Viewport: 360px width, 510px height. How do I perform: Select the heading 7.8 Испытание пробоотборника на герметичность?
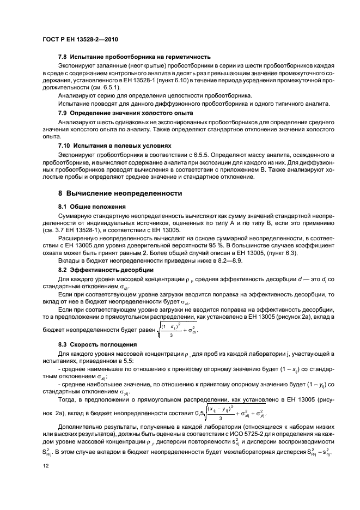tap(135, 57)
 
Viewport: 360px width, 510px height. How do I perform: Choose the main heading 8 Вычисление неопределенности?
tap(120, 193)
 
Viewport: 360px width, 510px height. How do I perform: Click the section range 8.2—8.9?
tap(207, 261)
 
